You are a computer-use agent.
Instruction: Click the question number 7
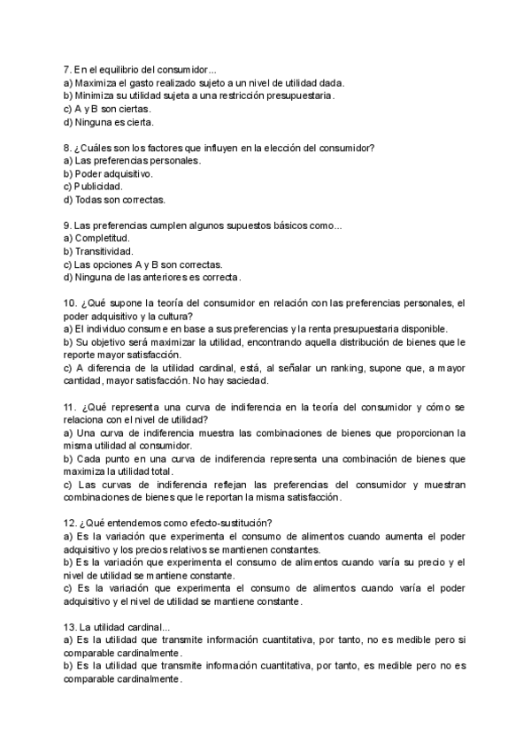tap(67, 68)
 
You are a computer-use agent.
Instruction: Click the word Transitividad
tap(104, 251)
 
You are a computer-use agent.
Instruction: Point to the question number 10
tap(71, 302)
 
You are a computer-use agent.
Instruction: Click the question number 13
tap(71, 626)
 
